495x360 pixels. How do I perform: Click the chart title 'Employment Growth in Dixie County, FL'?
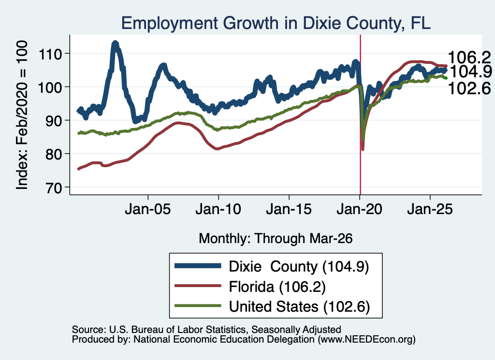(x=276, y=23)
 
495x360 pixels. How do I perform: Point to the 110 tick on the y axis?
(x=50, y=54)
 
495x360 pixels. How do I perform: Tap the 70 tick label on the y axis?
(x=53, y=187)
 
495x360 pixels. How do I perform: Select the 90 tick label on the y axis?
(x=53, y=121)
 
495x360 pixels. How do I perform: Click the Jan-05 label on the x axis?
(x=148, y=209)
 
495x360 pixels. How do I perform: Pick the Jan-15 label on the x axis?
(x=289, y=209)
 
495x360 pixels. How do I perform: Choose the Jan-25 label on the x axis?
(x=430, y=209)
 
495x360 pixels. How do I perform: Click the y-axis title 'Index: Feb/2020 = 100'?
(x=22, y=115)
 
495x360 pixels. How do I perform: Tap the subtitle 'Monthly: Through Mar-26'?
(x=276, y=238)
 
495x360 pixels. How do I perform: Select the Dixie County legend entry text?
(x=299, y=267)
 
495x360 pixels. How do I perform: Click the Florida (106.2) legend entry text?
(x=277, y=287)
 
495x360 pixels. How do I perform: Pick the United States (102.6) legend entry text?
(x=299, y=307)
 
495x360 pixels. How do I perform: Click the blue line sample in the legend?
(x=198, y=266)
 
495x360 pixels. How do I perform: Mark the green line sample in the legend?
(x=198, y=306)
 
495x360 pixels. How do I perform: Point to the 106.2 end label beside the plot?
(x=469, y=58)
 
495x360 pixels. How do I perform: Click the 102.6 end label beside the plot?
(x=469, y=88)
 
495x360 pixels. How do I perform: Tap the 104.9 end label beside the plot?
(x=470, y=72)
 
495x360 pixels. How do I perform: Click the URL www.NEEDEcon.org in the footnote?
(x=366, y=340)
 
